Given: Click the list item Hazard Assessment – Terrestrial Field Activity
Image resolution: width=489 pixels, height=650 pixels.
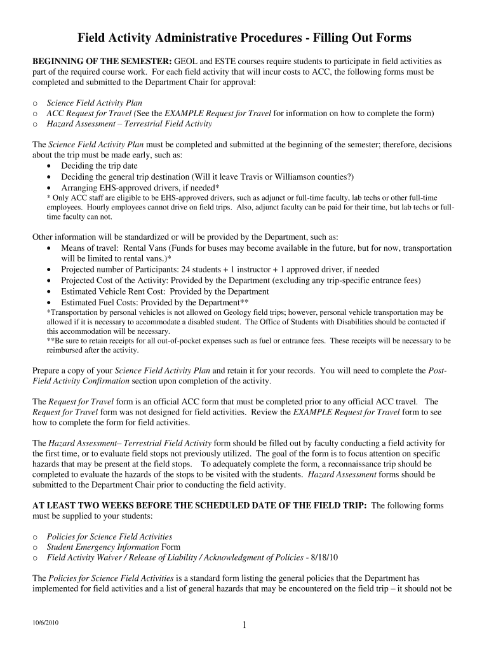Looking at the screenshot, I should [130, 124].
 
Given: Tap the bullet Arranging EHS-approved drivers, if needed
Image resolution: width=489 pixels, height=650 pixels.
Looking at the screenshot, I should [140, 187].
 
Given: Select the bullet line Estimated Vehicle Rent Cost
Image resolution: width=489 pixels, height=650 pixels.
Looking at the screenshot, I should [164, 291].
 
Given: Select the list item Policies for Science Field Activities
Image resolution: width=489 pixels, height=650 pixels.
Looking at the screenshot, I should [109, 536].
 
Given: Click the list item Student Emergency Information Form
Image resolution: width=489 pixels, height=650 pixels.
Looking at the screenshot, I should [114, 547].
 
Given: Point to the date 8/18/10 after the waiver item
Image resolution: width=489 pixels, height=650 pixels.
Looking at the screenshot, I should [325, 557].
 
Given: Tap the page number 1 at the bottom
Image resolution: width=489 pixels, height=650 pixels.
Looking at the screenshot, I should [245, 626].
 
